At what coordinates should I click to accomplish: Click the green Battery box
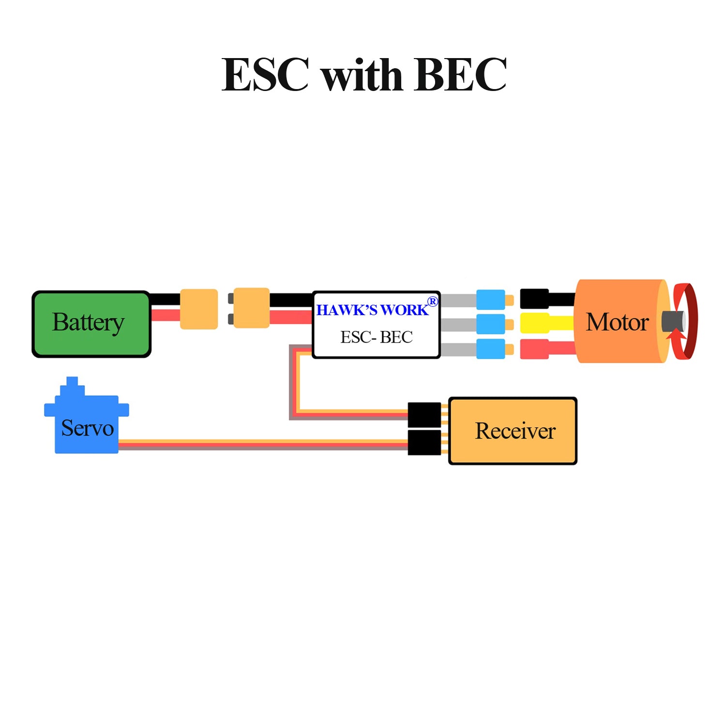91,324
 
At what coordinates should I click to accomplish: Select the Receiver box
513,431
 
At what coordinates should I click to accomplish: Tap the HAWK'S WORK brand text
372,310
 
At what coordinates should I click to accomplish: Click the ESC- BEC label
377,337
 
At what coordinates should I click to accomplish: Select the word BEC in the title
460,74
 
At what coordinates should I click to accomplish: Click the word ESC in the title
265,74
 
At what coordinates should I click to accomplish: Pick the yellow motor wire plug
535,323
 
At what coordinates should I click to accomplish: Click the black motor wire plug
535,299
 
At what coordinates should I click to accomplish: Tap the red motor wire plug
535,349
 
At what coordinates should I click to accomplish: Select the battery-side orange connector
199,309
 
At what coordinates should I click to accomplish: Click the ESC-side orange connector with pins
249,308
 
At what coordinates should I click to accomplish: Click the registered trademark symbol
433,302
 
